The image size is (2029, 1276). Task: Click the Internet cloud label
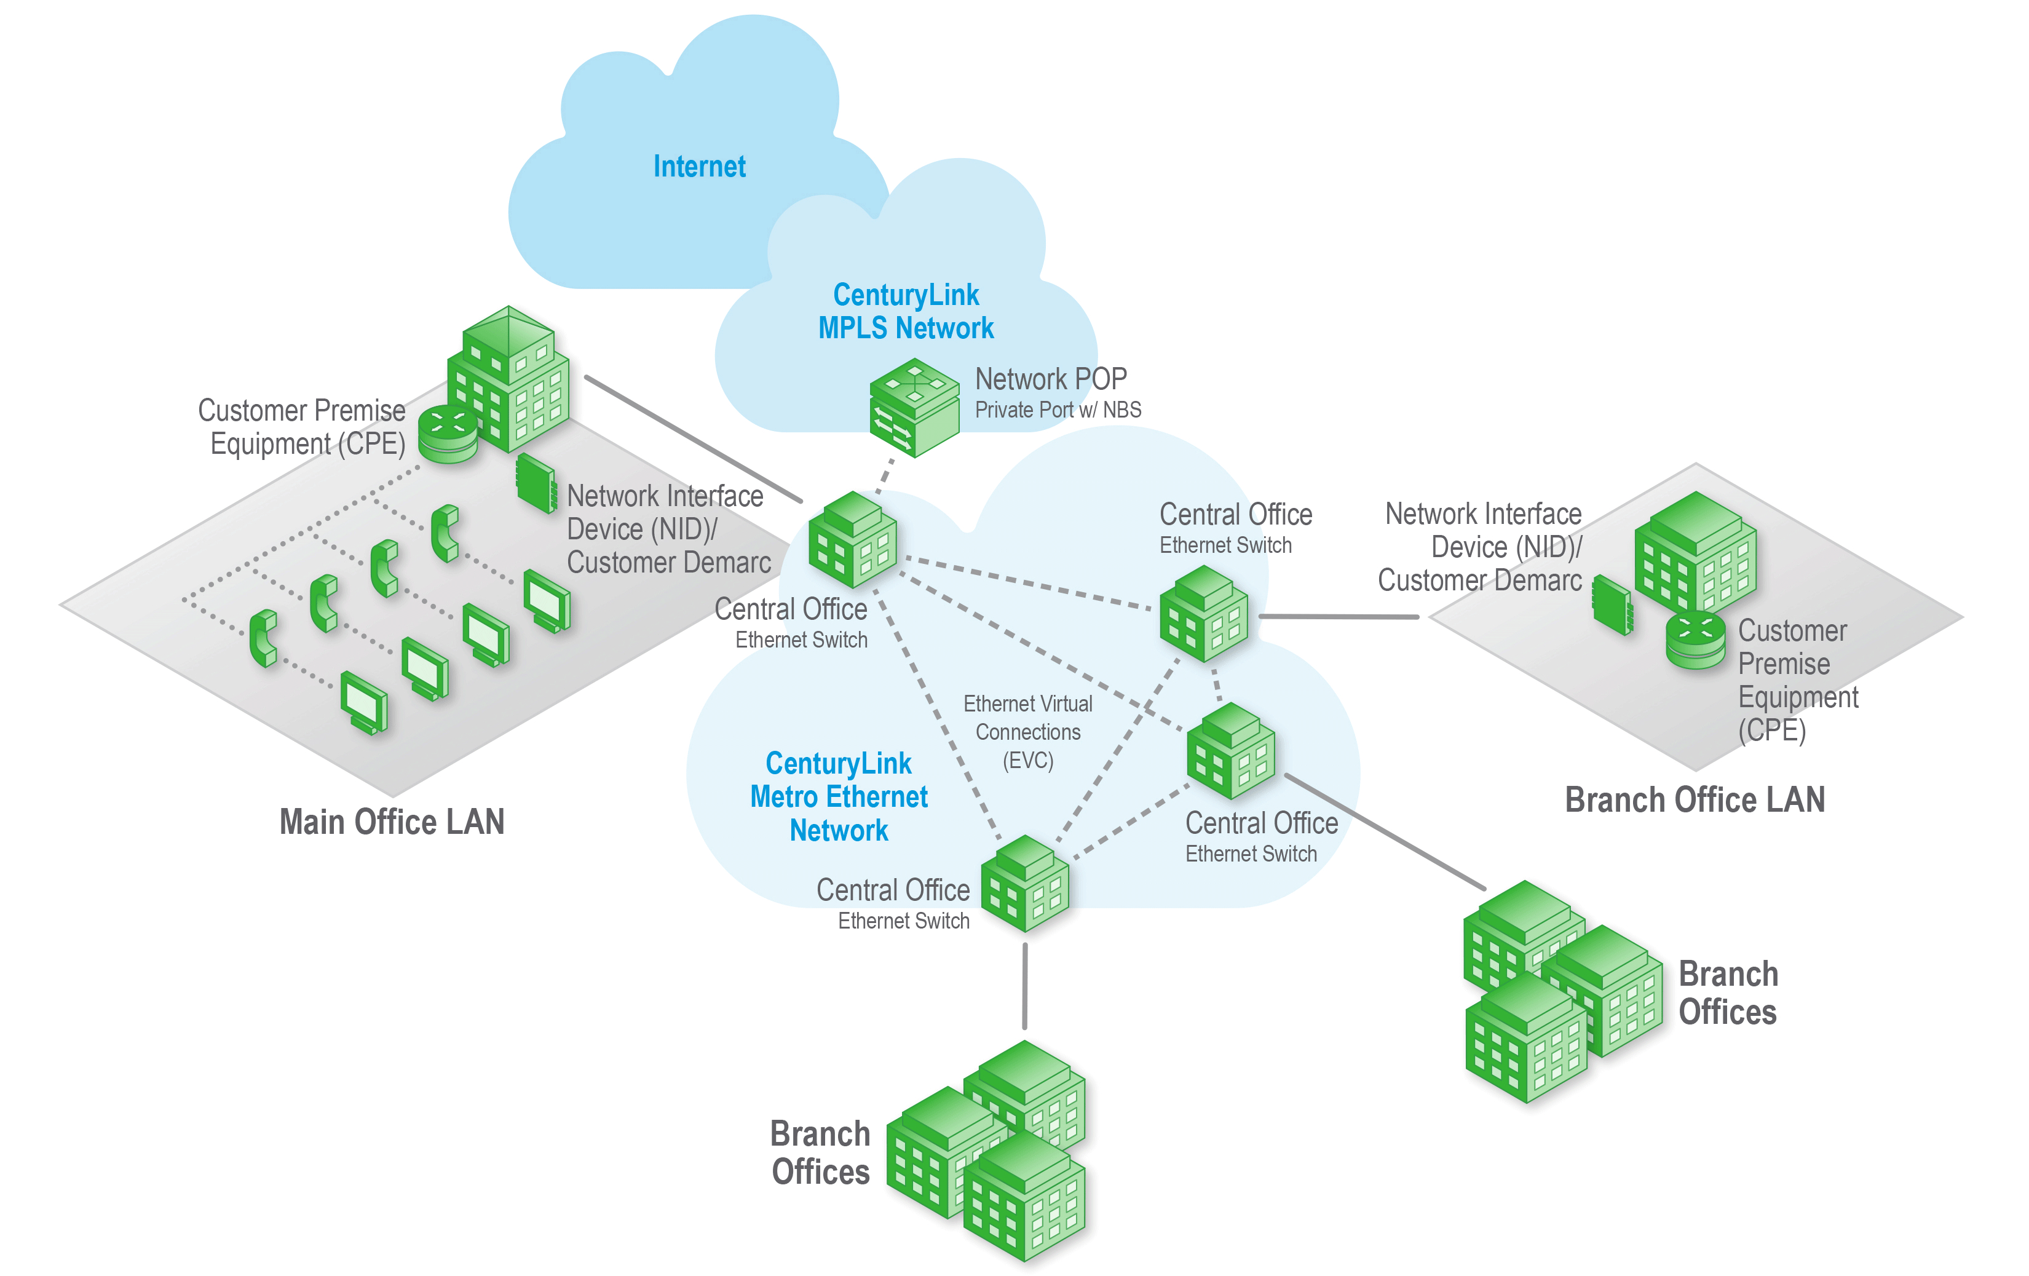699,166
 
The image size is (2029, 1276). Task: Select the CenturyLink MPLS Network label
906,311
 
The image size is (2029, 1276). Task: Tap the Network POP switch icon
914,407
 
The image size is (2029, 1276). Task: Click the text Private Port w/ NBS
1058,410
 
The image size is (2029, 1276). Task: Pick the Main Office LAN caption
392,822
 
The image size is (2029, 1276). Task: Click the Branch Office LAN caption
1695,800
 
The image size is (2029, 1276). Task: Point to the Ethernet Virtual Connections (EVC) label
1028,732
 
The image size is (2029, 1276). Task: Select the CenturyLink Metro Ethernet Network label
839,796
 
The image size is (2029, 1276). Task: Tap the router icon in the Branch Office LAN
1695,641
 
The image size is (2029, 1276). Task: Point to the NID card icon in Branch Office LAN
1612,604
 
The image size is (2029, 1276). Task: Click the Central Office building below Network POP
852,541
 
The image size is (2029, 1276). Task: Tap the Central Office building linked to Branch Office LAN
1204,614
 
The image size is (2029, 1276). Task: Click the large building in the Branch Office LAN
1695,553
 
